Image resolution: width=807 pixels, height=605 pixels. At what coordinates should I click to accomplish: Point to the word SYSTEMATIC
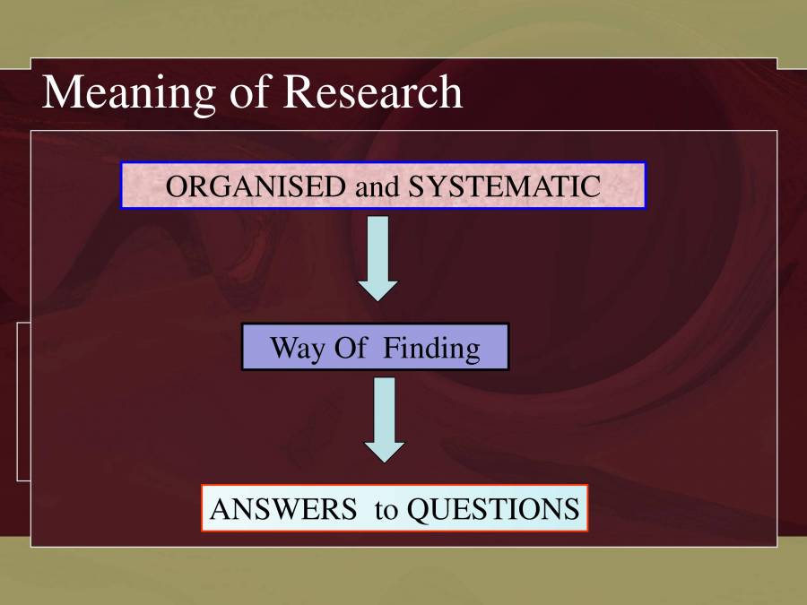[x=505, y=186]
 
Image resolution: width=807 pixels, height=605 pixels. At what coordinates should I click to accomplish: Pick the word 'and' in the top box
[x=377, y=186]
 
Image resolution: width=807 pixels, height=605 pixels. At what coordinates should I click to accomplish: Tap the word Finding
[x=431, y=348]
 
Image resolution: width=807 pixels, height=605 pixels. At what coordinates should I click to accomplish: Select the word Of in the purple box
[x=351, y=348]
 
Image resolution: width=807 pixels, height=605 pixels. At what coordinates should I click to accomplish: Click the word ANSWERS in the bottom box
[x=282, y=509]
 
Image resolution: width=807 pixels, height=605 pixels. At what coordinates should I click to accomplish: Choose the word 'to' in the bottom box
[x=386, y=510]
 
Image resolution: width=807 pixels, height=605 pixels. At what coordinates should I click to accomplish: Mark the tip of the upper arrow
[x=378, y=299]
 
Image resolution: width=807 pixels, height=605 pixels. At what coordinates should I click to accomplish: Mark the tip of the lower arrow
[x=385, y=461]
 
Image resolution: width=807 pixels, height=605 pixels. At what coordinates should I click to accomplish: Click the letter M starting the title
[x=59, y=91]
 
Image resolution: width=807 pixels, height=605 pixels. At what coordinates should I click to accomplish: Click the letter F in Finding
[x=391, y=348]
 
